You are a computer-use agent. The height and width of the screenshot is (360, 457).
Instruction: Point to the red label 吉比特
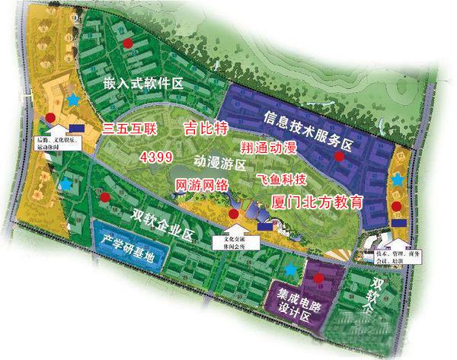[x=206, y=128]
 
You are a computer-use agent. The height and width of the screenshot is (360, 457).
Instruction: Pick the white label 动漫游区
[x=219, y=163]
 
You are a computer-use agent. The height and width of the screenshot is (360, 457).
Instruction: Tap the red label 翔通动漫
[x=269, y=145]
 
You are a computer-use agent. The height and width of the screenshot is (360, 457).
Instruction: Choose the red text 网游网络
[x=203, y=185]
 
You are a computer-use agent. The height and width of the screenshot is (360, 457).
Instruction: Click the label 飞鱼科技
[x=282, y=180]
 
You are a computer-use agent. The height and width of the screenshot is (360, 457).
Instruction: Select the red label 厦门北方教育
[x=317, y=202]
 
